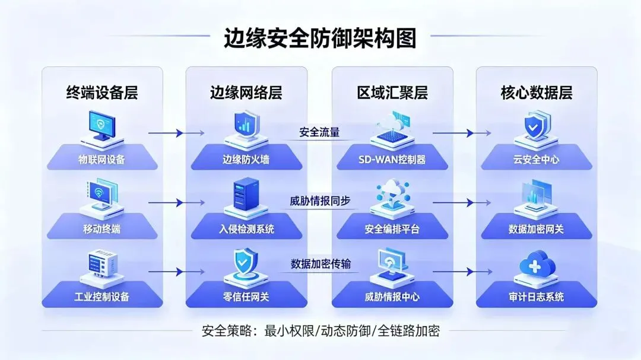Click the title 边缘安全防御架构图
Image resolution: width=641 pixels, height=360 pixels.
pyautogui.click(x=320, y=39)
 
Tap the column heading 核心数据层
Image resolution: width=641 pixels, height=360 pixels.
pyautogui.click(x=536, y=93)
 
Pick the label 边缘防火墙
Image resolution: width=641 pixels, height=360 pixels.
pyautogui.click(x=246, y=160)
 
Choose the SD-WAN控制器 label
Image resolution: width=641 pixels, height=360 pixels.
pyautogui.click(x=392, y=160)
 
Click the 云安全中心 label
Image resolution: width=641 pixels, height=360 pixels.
pyautogui.click(x=536, y=160)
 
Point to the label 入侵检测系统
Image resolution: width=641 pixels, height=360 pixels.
pyautogui.click(x=246, y=228)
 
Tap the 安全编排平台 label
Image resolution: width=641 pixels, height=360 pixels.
pyautogui.click(x=392, y=228)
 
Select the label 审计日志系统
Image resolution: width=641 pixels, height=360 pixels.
pyautogui.click(x=536, y=297)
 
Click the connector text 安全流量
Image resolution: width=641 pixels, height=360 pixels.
pyautogui.click(x=319, y=132)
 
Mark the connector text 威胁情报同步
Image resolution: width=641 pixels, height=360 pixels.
pyautogui.click(x=320, y=200)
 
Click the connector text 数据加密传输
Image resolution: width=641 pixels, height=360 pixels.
pyautogui.click(x=320, y=264)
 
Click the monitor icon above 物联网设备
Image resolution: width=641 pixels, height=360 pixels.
pyautogui.click(x=101, y=126)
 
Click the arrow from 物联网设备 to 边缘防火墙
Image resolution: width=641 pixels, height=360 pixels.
pyautogui.click(x=166, y=133)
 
